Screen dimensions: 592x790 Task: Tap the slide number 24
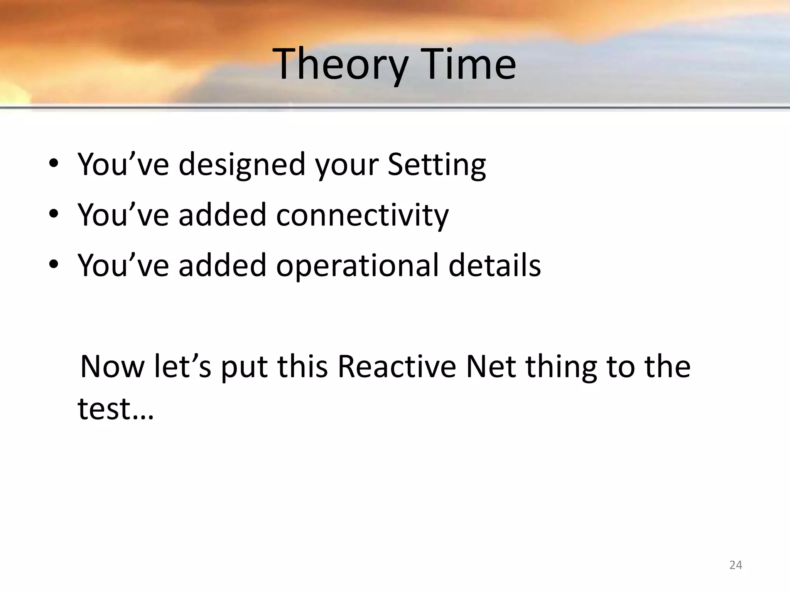[736, 565]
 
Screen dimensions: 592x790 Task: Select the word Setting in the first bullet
[436, 165]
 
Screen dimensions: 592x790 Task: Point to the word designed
[242, 165]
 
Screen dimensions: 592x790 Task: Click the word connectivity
[362, 215]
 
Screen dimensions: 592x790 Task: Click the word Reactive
[397, 367]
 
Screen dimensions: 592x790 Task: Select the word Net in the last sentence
[491, 367]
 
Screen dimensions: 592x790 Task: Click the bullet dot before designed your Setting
[54, 163]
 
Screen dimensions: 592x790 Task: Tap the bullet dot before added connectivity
[54, 214]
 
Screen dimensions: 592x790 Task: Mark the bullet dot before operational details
[54, 265]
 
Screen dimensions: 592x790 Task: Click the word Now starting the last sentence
[112, 367]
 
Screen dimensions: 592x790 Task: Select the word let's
[182, 367]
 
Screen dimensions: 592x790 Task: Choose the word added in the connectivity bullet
[223, 215]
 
